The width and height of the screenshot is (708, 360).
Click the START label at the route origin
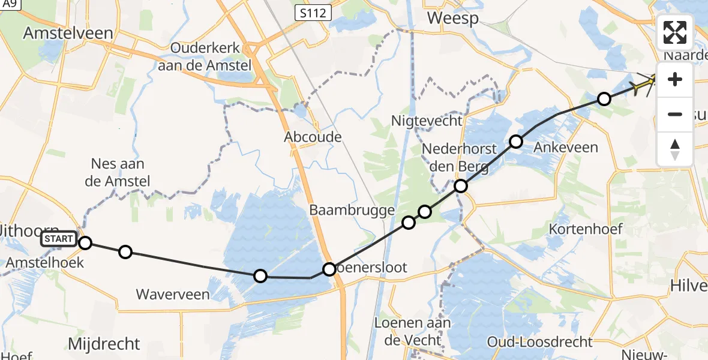[x=59, y=239]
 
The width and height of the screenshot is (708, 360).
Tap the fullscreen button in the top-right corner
[x=675, y=32]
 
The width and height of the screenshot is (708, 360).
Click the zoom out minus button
[x=675, y=114]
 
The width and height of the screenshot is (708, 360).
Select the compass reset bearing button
[x=675, y=149]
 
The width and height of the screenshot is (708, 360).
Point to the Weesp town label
[x=452, y=19]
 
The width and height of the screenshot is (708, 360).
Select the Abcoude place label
[x=313, y=137]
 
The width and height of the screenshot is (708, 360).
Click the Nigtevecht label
[x=427, y=121]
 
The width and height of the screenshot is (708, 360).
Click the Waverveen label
[x=173, y=294]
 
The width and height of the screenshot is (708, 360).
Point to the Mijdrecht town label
[x=104, y=344]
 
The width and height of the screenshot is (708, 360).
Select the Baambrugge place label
[x=352, y=210]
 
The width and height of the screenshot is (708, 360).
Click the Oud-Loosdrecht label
[x=539, y=342]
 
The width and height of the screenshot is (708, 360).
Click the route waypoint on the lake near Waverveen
[x=260, y=276]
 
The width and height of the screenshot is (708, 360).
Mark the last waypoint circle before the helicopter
[x=604, y=99]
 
